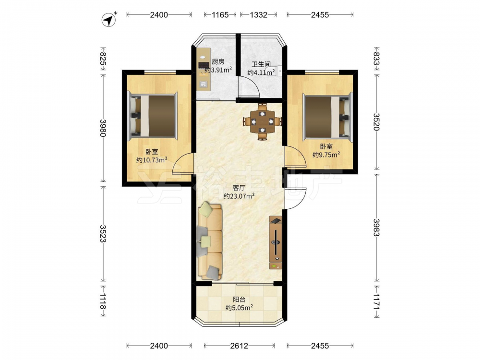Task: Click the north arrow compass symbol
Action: [x=109, y=20]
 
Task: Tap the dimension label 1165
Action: [x=220, y=15]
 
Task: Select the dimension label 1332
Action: [x=259, y=15]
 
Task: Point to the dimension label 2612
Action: [x=239, y=346]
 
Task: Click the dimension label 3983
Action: [x=376, y=228]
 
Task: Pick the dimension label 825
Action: [x=103, y=59]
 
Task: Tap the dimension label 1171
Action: [x=376, y=302]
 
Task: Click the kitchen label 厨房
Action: [x=218, y=62]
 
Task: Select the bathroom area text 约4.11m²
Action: [x=261, y=72]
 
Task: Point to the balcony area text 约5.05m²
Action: [x=239, y=308]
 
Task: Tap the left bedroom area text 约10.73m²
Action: [x=152, y=159]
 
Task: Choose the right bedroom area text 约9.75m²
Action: [x=326, y=155]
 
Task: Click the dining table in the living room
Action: [x=263, y=121]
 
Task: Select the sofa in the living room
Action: [x=210, y=240]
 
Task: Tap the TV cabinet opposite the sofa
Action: [x=276, y=242]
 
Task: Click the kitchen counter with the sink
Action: [x=204, y=70]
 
